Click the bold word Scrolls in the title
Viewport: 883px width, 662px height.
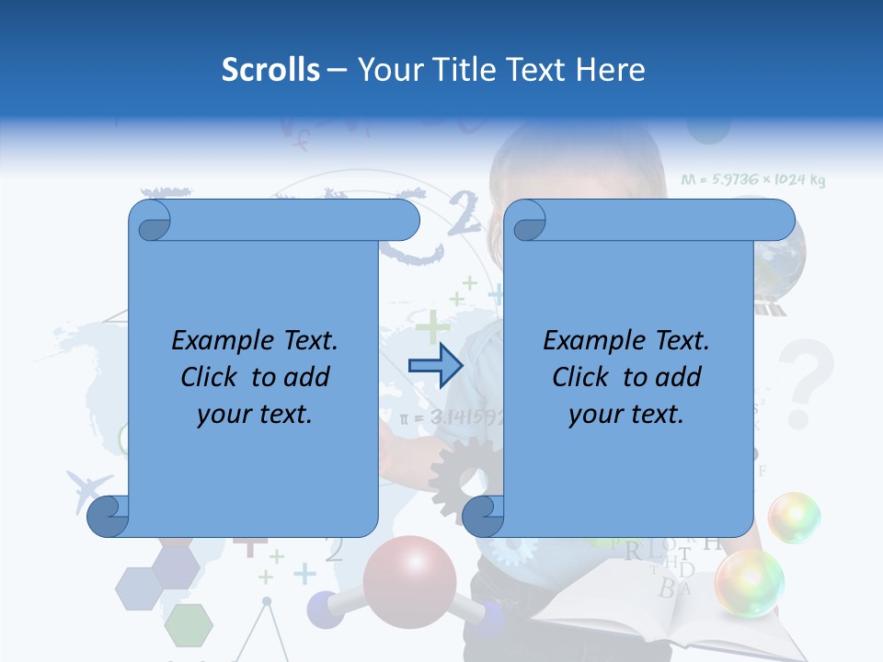point(270,70)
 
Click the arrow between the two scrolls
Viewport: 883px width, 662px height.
point(435,366)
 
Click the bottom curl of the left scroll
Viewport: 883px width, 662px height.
point(109,516)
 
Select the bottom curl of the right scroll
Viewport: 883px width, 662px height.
point(483,516)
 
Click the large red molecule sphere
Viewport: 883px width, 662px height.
point(409,578)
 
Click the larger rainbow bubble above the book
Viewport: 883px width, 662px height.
point(750,583)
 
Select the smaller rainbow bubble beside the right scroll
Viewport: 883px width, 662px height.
point(794,517)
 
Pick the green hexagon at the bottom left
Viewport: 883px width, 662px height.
point(189,624)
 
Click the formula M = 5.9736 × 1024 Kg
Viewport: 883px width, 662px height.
point(752,180)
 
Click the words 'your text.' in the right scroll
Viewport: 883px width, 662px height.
point(625,414)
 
